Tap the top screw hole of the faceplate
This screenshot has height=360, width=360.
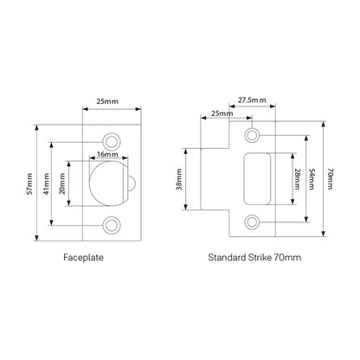pyautogui.click(x=111, y=140)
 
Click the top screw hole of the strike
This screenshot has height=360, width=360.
pyautogui.click(x=252, y=136)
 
